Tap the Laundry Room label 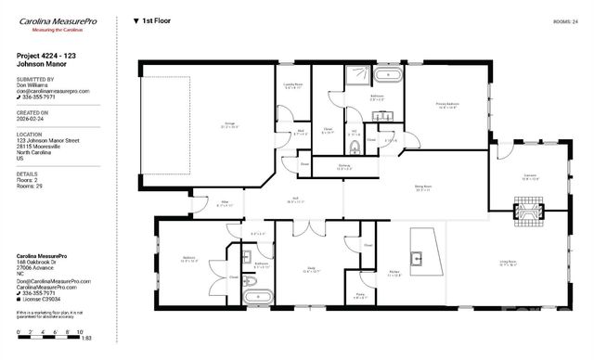click(292, 86)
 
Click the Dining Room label click(423, 188)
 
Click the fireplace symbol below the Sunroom click(530, 217)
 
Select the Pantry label click(360, 296)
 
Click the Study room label click(311, 270)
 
